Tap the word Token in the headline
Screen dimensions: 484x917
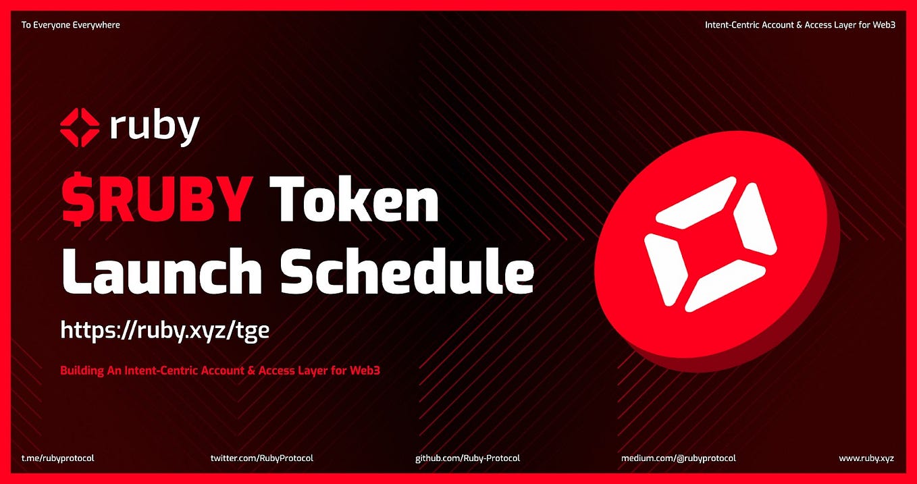[354, 200]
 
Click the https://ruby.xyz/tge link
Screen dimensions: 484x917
[165, 330]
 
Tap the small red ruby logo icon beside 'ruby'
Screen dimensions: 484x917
[80, 127]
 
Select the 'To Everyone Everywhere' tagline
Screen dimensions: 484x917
[71, 25]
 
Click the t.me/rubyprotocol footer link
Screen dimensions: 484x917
[57, 458]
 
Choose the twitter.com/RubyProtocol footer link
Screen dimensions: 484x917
[262, 458]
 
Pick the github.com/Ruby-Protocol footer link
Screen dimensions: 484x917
[467, 458]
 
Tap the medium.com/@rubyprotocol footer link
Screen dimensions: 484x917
[678, 458]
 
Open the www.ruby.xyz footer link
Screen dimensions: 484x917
[866, 458]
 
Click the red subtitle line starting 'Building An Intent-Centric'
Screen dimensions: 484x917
[220, 371]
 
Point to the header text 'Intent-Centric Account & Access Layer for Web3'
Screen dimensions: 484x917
[800, 25]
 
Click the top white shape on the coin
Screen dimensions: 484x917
[696, 199]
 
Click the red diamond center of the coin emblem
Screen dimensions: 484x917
[710, 243]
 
